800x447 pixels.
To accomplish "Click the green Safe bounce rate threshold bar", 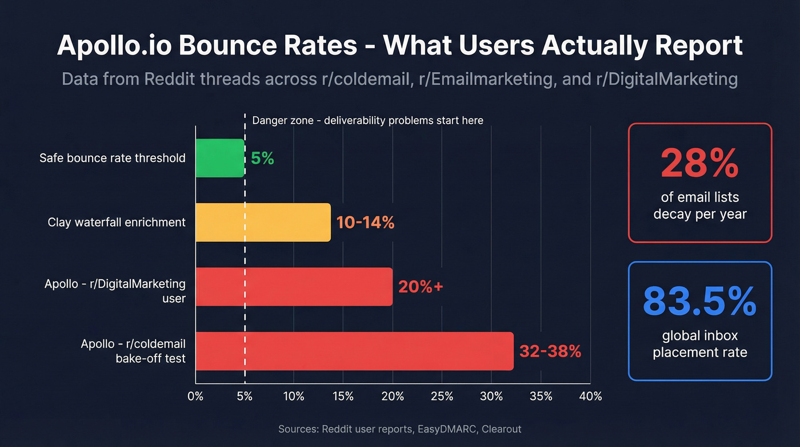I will (x=220, y=158).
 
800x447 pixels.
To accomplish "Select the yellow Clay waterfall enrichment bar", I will (x=263, y=222).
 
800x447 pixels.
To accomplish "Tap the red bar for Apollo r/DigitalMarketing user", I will (x=294, y=286).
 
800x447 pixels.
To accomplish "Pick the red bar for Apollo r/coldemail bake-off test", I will (x=354, y=351).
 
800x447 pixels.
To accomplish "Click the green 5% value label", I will (x=262, y=159).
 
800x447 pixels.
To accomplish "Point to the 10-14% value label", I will (x=365, y=223).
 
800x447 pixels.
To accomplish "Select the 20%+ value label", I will (x=421, y=287).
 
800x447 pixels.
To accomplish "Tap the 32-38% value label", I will (x=550, y=351).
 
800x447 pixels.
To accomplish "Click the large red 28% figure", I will (x=699, y=164).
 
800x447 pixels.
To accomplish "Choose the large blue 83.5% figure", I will (x=699, y=302).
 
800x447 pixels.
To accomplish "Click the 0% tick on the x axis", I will (x=195, y=396).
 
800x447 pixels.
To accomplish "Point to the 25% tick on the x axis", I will (x=442, y=396).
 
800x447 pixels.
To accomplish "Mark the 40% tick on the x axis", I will (x=590, y=396).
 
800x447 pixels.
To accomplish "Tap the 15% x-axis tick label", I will (x=343, y=396).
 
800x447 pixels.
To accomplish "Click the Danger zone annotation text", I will (x=367, y=120).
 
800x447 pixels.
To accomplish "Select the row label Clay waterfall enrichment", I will (x=117, y=222).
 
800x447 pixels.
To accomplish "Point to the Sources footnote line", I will (x=399, y=429).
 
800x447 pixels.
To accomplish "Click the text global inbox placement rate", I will (x=699, y=343).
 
